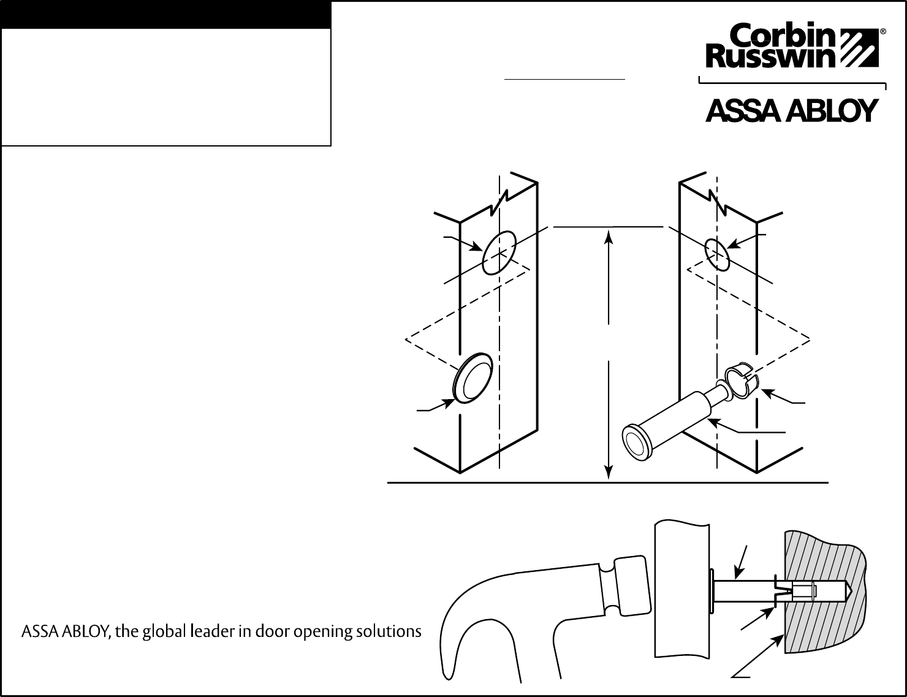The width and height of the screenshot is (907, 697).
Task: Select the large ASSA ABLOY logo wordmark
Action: point(791,111)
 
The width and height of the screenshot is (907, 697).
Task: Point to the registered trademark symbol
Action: point(882,31)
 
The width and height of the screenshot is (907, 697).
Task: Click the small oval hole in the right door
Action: point(717,254)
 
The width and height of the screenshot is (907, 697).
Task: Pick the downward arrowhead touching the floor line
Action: point(608,473)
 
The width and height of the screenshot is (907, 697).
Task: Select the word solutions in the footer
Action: point(392,631)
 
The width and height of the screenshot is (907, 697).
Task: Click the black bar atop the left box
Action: point(166,15)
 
